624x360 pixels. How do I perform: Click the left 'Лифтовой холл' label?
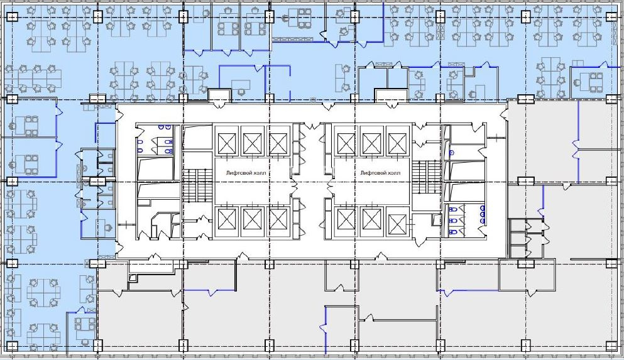[245, 173]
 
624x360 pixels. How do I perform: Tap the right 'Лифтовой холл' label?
[380, 173]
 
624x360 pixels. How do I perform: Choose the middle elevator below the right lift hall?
[371, 219]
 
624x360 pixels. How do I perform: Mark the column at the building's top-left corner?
[12, 16]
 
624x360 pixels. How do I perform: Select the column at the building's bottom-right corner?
[611, 346]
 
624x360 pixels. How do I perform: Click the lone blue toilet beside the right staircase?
[452, 153]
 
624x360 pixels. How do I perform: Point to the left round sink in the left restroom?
[161, 128]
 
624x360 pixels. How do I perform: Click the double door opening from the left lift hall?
[295, 185]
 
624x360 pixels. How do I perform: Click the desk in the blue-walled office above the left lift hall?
[241, 85]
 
